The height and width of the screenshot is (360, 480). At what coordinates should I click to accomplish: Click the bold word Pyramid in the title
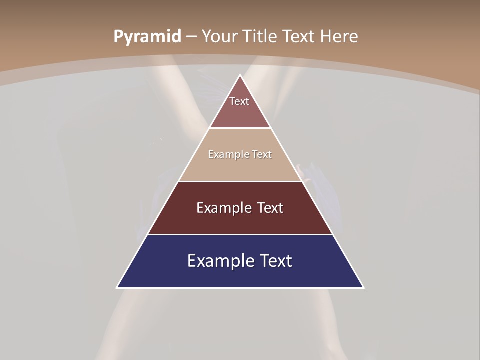coord(147,37)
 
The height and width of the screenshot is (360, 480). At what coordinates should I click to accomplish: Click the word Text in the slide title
coord(299,36)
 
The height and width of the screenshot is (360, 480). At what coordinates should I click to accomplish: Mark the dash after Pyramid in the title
coord(191,37)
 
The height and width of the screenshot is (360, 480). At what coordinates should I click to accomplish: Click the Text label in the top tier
coord(239,101)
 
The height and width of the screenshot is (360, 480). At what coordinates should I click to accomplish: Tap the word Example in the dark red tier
coord(223,208)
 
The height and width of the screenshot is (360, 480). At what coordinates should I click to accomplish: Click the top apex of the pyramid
coord(240,75)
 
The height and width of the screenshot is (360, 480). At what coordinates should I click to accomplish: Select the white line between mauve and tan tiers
coord(240,128)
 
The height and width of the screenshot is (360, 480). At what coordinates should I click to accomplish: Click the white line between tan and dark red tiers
coord(240,181)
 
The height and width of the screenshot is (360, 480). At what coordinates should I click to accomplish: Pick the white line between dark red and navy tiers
coord(240,234)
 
